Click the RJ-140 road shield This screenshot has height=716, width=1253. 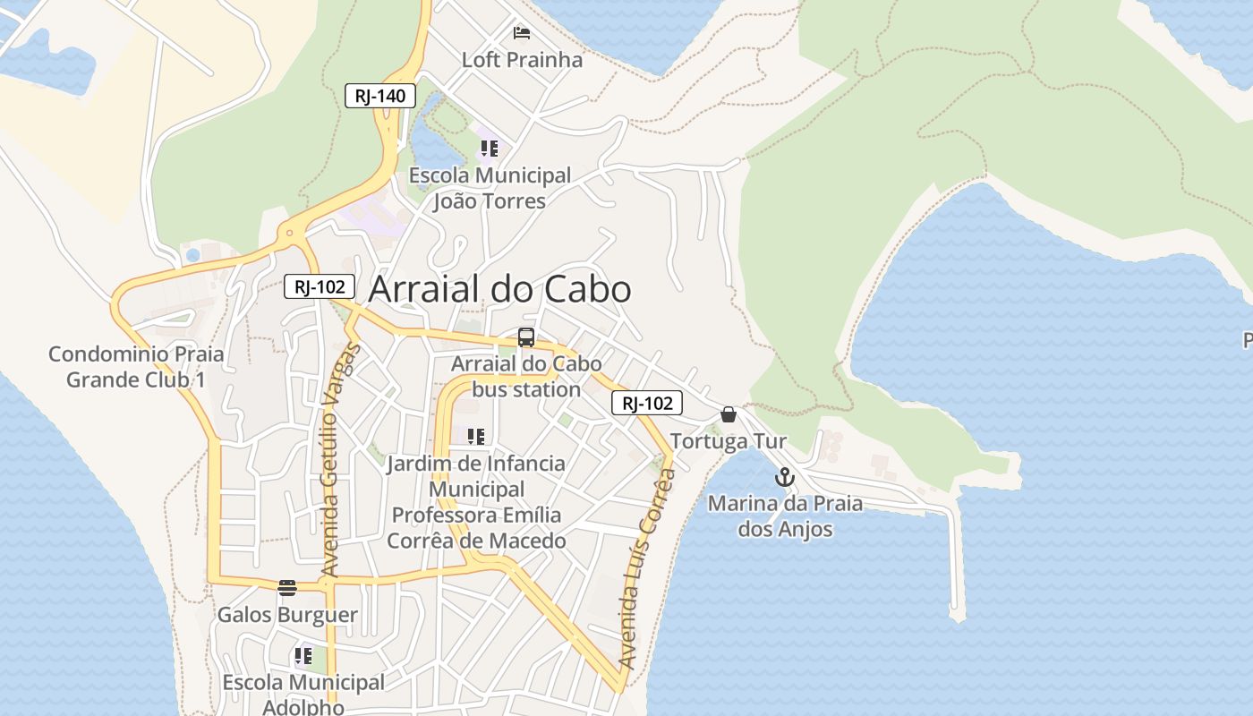pos(380,96)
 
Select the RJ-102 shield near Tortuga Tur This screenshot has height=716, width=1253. pos(647,403)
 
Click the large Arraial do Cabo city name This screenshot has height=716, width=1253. pos(499,289)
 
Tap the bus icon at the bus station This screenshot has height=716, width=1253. pos(526,337)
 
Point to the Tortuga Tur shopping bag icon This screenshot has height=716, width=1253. pos(729,414)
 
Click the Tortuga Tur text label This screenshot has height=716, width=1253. pos(729,441)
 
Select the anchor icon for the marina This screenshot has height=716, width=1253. pos(784,477)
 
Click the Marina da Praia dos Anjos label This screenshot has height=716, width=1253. pos(785,516)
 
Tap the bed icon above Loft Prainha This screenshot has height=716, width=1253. pos(522,33)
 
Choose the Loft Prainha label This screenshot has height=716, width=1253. pos(522,60)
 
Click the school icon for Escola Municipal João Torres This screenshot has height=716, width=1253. pos(489,148)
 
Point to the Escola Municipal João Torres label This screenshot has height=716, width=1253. pos(490,188)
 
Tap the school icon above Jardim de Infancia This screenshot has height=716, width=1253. pos(476,437)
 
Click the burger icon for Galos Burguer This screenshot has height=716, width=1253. pos(287,588)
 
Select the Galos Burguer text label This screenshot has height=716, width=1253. pos(287,615)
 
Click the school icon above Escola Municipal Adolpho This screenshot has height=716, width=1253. pos(303,656)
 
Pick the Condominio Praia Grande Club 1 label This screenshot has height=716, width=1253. pos(136,366)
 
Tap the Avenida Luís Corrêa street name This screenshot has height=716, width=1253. pos(645,568)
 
